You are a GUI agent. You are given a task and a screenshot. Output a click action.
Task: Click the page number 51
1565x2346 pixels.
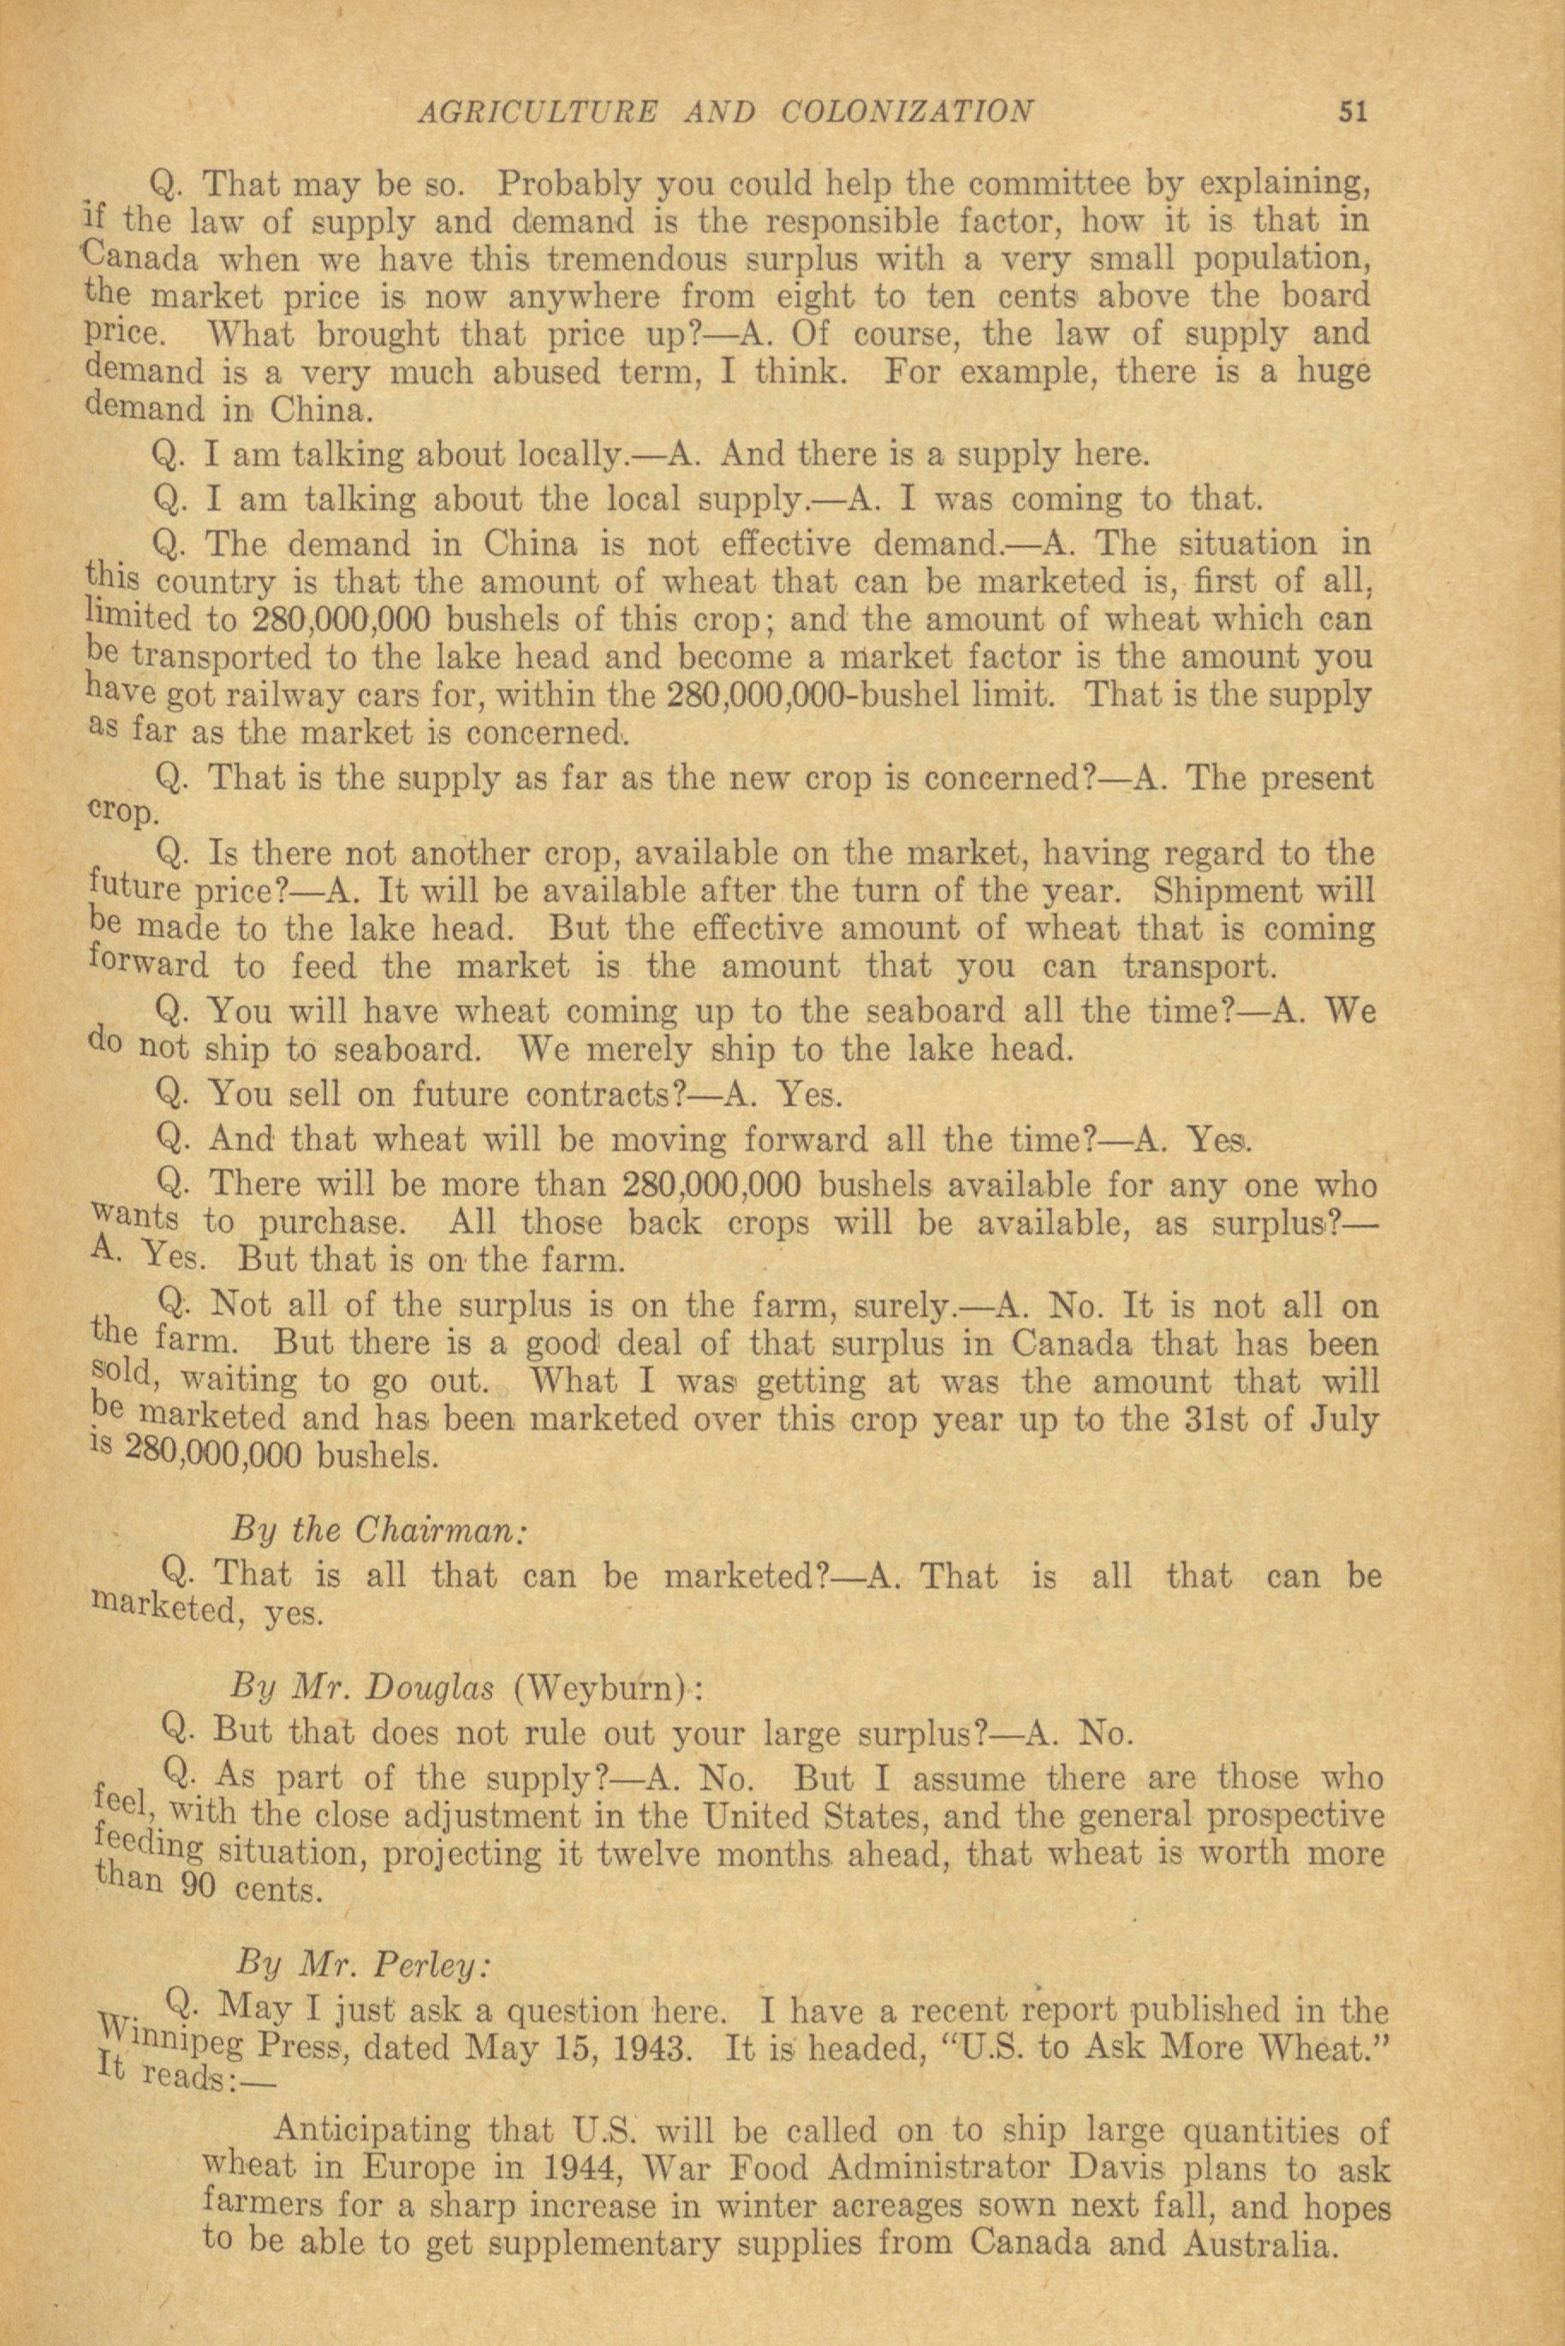[x=1352, y=110]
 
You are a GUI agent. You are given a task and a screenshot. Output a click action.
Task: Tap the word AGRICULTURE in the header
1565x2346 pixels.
[x=538, y=110]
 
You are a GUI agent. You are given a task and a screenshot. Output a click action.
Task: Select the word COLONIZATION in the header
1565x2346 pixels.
[x=907, y=110]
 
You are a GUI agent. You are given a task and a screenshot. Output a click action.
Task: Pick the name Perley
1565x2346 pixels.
[x=431, y=1964]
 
